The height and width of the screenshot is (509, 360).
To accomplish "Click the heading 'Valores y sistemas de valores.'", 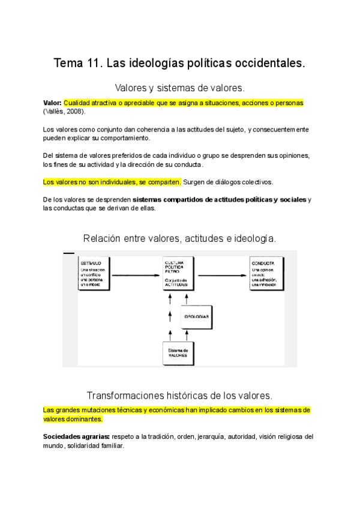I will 179,87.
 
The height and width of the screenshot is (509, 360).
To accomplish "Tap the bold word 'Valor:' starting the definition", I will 53,103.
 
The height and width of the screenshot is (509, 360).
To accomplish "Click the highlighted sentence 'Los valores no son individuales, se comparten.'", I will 112,182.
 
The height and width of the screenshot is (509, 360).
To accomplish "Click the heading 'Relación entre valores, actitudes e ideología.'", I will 179,238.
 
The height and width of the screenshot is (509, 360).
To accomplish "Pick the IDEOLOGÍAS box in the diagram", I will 197,315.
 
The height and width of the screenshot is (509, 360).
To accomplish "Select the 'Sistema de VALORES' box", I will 178,353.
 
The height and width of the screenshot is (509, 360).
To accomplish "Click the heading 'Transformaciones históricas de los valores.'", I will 179,396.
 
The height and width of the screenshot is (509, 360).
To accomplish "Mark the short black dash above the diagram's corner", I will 68,253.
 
